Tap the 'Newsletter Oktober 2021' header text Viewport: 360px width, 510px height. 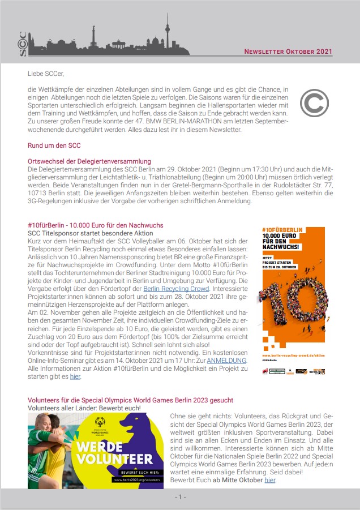click(288, 52)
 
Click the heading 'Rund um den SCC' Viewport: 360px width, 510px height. click(54, 145)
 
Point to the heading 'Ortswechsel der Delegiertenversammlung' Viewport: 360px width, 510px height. click(89, 161)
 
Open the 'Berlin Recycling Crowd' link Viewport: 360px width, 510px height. click(176, 288)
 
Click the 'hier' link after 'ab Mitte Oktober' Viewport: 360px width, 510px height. click(270, 480)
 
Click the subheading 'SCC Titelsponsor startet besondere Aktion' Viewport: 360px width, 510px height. click(91, 233)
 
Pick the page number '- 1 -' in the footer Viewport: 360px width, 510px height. click(179, 497)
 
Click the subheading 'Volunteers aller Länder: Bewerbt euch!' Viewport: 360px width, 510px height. click(84, 408)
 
